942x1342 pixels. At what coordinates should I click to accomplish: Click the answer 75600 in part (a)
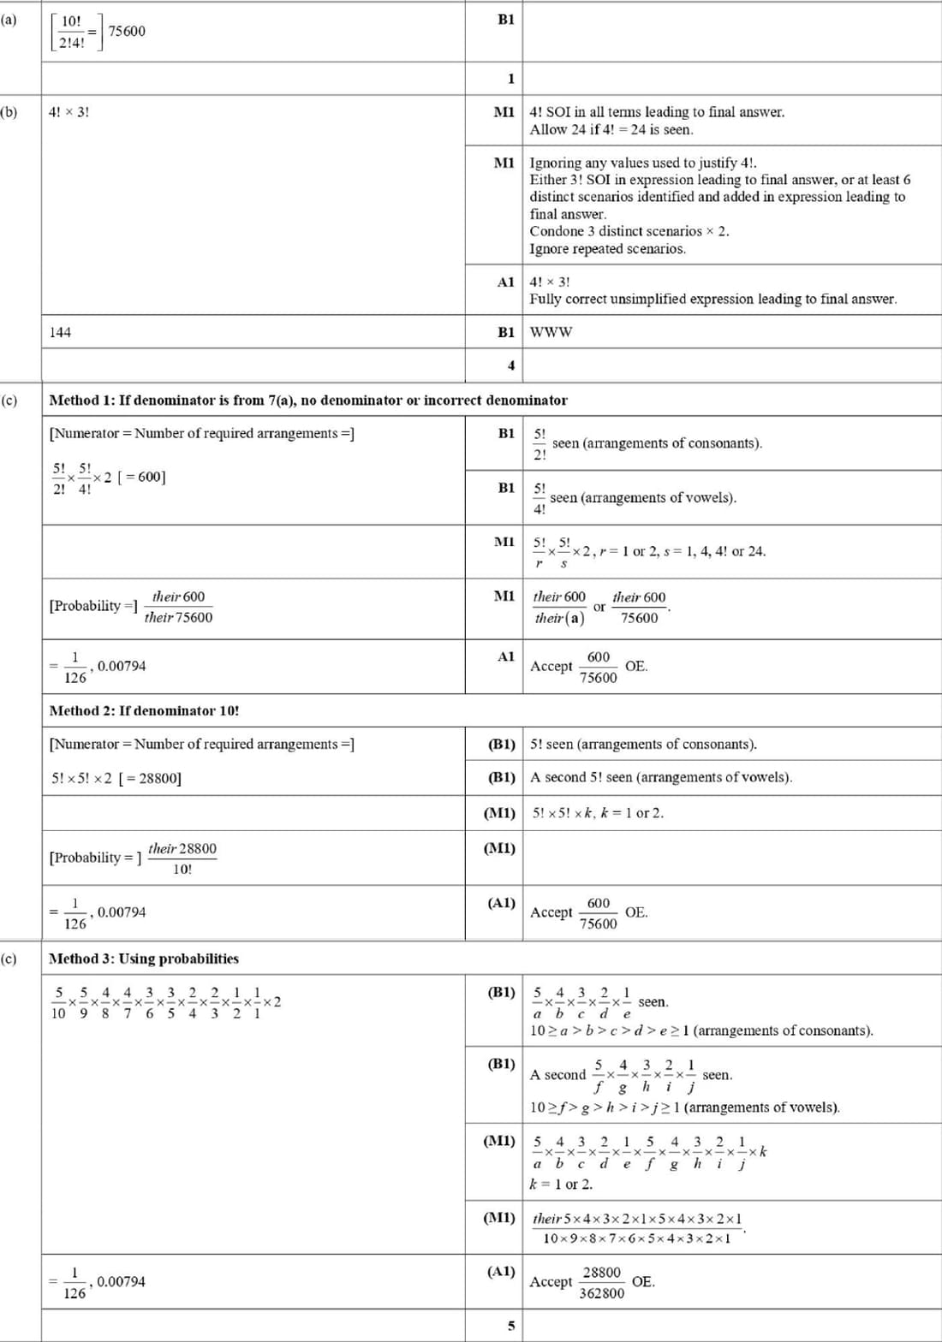(x=127, y=31)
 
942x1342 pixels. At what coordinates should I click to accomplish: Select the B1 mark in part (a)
(x=506, y=19)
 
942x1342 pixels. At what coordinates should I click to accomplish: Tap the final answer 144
(x=60, y=332)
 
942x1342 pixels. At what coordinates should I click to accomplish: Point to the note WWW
(x=551, y=332)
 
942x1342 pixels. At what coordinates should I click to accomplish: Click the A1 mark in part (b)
(x=506, y=282)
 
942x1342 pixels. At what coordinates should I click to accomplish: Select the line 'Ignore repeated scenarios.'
(x=607, y=249)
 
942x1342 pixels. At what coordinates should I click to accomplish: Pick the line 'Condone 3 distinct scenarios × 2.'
(x=629, y=231)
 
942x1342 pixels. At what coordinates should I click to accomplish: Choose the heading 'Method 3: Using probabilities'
(x=144, y=959)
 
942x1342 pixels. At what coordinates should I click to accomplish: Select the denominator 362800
(x=602, y=1293)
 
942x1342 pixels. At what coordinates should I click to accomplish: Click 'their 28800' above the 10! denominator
(x=182, y=848)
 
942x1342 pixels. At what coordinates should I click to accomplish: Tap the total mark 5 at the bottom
(x=511, y=1326)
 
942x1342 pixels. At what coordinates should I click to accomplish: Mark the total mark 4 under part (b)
(x=511, y=365)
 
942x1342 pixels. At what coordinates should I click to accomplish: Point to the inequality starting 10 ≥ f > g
(x=684, y=1107)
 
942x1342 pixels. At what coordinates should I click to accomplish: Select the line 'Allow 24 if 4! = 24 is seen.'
(x=611, y=129)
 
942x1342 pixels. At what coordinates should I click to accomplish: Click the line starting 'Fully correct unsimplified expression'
(x=712, y=299)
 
